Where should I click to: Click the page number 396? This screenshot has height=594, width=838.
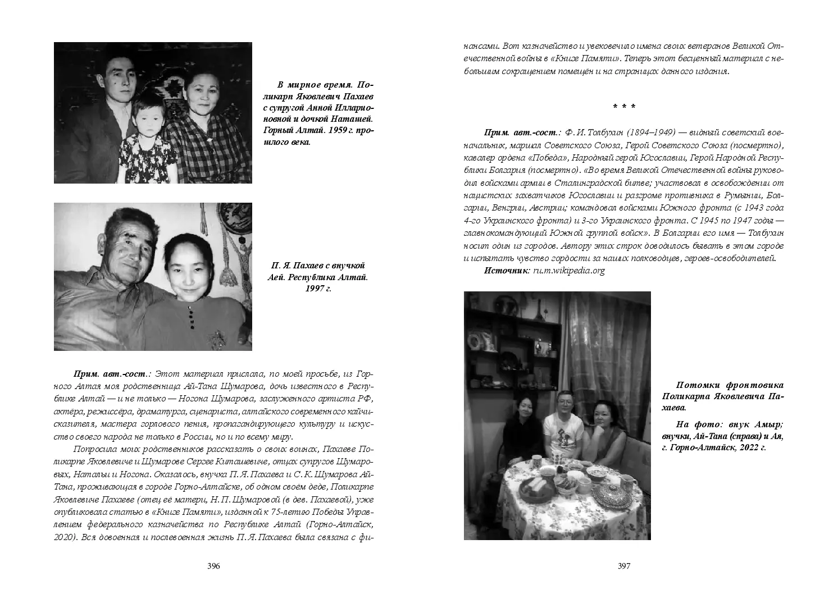(213, 566)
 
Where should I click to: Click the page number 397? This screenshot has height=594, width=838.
(624, 566)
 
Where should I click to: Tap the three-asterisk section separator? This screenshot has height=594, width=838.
(624, 106)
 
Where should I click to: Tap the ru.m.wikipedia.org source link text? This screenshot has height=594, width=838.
(569, 271)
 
